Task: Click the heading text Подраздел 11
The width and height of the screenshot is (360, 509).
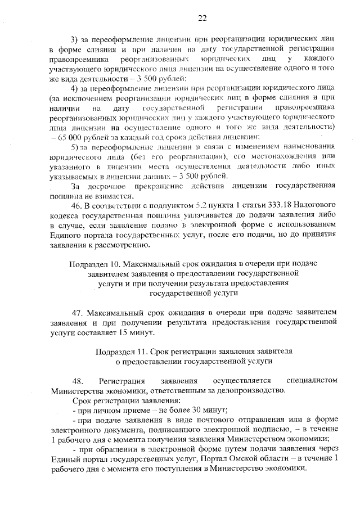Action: tap(122, 352)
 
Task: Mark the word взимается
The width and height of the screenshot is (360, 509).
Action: tap(113, 196)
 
